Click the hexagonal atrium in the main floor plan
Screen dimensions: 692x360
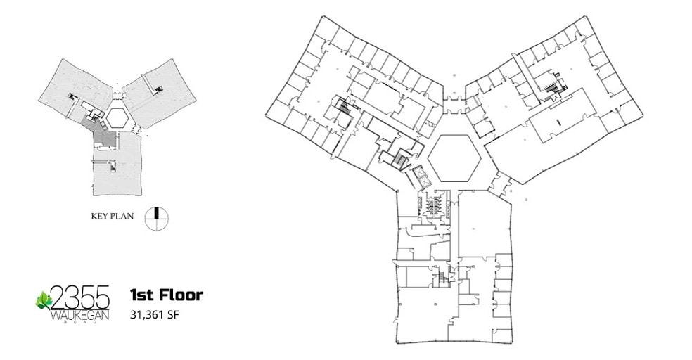coord(454,157)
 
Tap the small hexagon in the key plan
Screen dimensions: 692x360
coord(117,117)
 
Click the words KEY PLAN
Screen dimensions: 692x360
coord(112,216)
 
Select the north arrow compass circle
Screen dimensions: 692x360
coord(157,218)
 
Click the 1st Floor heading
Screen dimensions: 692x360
coord(167,295)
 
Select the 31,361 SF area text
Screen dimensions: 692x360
coord(155,314)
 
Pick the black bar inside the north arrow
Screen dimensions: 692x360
coord(157,212)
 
